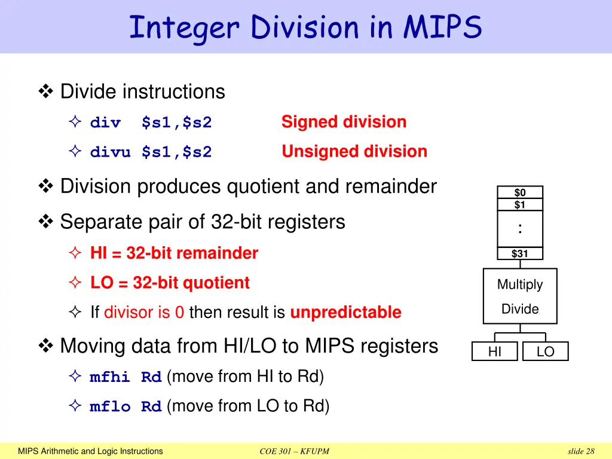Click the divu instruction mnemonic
click(x=110, y=152)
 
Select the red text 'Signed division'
click(x=344, y=122)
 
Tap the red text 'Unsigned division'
click(x=354, y=152)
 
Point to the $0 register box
click(x=520, y=192)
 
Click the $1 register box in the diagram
click(x=520, y=205)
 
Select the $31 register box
click(x=520, y=253)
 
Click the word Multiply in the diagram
click(x=520, y=285)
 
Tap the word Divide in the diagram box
click(x=520, y=309)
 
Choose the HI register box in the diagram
click(x=495, y=352)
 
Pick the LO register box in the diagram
click(x=545, y=352)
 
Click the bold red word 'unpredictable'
click(x=345, y=313)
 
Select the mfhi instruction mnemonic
click(x=110, y=378)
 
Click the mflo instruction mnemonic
click(x=110, y=407)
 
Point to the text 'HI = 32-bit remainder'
click(x=174, y=253)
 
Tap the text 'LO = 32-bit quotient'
click(x=170, y=283)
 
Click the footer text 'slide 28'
click(x=581, y=451)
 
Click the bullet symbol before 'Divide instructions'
click(x=45, y=92)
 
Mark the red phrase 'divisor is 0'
click(x=143, y=313)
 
